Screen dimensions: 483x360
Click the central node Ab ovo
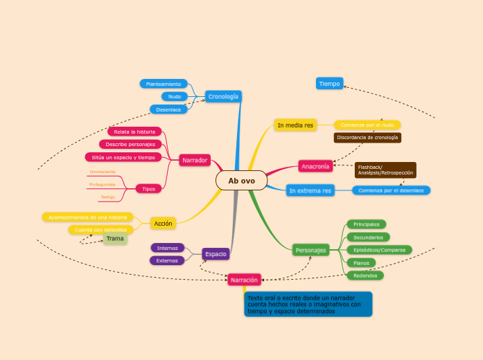241,181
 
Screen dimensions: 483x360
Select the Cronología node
223,96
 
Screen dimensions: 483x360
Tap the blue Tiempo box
329,84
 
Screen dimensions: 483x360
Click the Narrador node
195,160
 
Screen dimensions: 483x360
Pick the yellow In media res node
295,125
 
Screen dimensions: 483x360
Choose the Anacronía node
316,166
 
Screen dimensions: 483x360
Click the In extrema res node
310,190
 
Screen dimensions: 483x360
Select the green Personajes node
310,250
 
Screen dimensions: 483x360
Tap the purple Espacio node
216,254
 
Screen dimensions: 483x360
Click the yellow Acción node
163,223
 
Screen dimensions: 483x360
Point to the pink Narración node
244,280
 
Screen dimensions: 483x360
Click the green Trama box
115,239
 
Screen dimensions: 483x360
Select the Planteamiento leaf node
164,84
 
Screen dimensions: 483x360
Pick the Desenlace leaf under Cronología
168,109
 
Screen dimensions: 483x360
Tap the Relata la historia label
134,132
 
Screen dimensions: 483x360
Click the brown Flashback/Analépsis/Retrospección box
385,170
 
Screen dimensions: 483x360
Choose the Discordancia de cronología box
367,138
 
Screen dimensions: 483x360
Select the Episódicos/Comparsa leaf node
379,250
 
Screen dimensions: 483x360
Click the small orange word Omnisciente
103,171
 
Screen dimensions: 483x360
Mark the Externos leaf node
167,261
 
